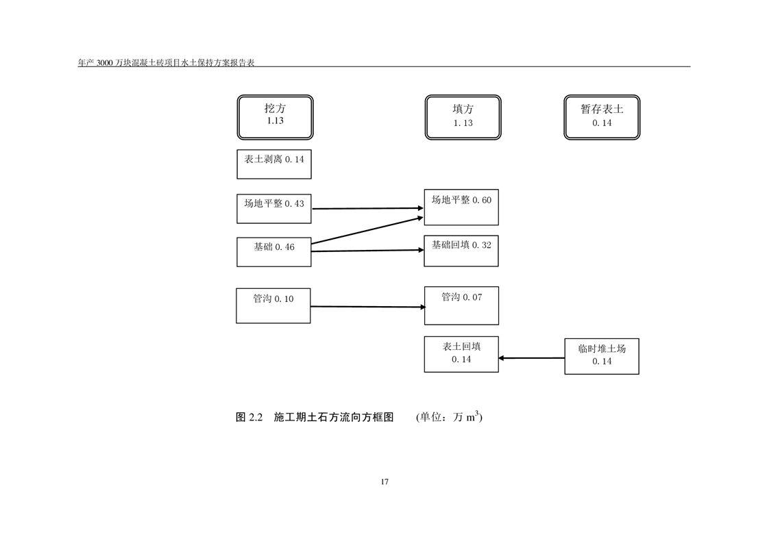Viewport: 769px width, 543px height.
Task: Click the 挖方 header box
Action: click(275, 117)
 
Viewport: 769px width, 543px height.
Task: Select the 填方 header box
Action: click(463, 117)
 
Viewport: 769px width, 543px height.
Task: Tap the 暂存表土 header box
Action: click(602, 117)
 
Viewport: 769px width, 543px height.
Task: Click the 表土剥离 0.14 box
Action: click(274, 164)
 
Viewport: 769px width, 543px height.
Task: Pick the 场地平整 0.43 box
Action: click(274, 208)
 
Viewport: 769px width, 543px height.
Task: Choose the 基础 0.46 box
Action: click(274, 251)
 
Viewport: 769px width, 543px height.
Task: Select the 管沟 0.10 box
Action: click(273, 305)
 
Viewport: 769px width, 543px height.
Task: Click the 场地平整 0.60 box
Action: click(461, 207)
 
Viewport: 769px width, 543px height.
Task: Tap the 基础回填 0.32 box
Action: click(461, 251)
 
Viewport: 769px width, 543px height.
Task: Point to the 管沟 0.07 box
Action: click(461, 305)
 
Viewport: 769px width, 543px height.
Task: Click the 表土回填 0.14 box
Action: click(461, 353)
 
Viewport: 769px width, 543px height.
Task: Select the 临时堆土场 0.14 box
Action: click(602, 356)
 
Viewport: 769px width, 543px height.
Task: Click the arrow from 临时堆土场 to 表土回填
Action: click(532, 357)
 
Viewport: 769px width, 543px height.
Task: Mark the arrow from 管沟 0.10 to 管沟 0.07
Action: click(368, 307)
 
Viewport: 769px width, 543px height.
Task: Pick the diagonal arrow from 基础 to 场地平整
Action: click(368, 230)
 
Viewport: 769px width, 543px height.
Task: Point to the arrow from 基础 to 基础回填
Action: click(368, 251)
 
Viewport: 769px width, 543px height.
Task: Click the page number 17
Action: click(384, 482)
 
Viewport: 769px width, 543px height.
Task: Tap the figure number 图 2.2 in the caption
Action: click(249, 417)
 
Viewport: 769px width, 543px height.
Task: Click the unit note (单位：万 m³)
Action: click(449, 417)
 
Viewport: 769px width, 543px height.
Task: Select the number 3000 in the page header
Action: click(103, 62)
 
